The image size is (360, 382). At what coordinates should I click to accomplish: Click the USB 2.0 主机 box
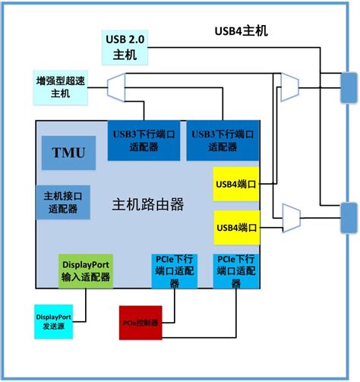click(125, 47)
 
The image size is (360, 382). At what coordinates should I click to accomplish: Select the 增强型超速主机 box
click(55, 87)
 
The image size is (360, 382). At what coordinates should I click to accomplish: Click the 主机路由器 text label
click(148, 205)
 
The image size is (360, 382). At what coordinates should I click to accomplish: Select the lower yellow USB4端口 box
click(236, 227)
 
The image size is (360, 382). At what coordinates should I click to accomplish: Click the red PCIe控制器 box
click(140, 323)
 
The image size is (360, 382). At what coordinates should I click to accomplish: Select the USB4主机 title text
click(239, 32)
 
